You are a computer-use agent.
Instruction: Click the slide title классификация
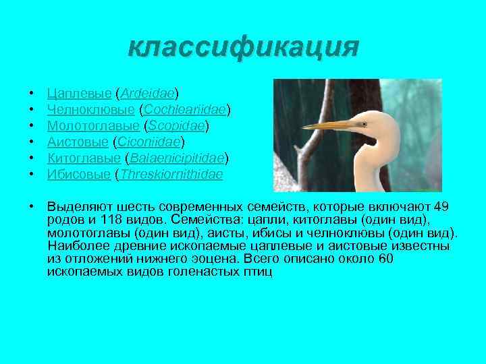coord(244,47)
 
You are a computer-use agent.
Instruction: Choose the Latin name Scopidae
coord(175,125)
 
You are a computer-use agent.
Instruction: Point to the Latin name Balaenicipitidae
coord(177,158)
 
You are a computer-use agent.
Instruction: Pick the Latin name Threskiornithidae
coord(171,175)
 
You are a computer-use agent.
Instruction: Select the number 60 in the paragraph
coord(386,259)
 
